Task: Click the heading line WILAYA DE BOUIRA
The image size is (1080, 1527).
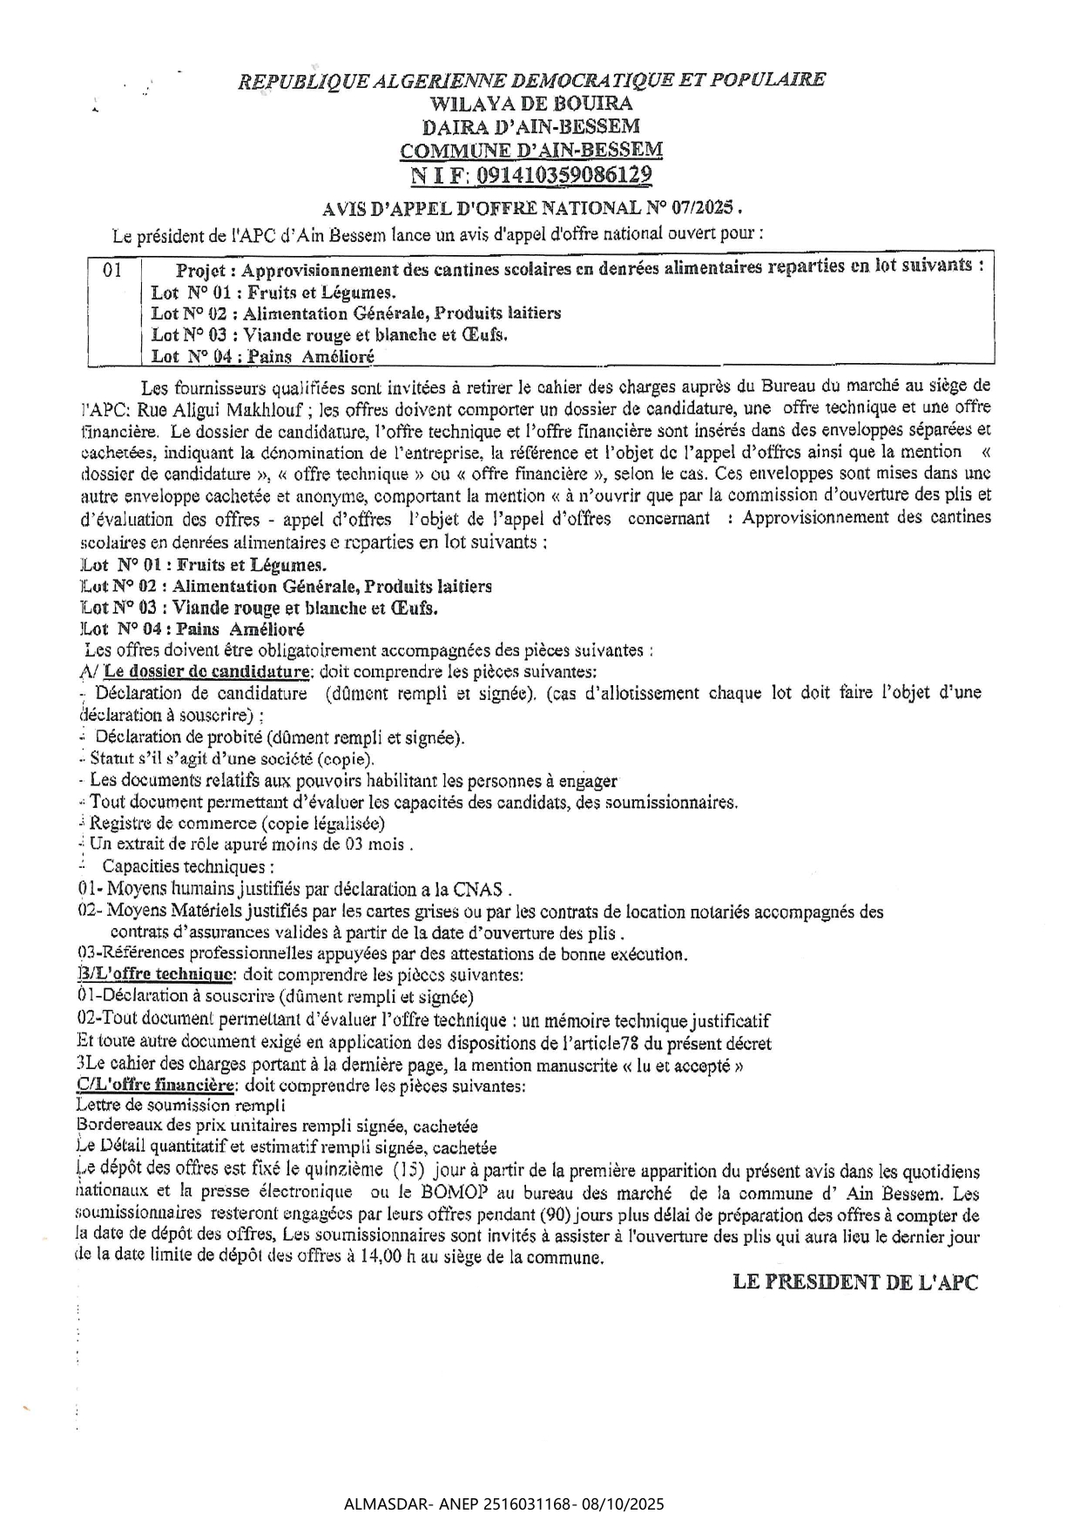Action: [x=531, y=104]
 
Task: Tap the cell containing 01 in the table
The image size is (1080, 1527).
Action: [x=113, y=271]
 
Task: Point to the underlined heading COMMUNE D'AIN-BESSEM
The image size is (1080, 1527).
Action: [x=531, y=151]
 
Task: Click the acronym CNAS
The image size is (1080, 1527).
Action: [x=478, y=889]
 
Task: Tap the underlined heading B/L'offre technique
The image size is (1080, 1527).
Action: [x=155, y=974]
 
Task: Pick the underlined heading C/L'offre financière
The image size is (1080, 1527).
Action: [x=156, y=1086]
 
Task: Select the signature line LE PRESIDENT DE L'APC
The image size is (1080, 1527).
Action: [x=855, y=1282]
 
